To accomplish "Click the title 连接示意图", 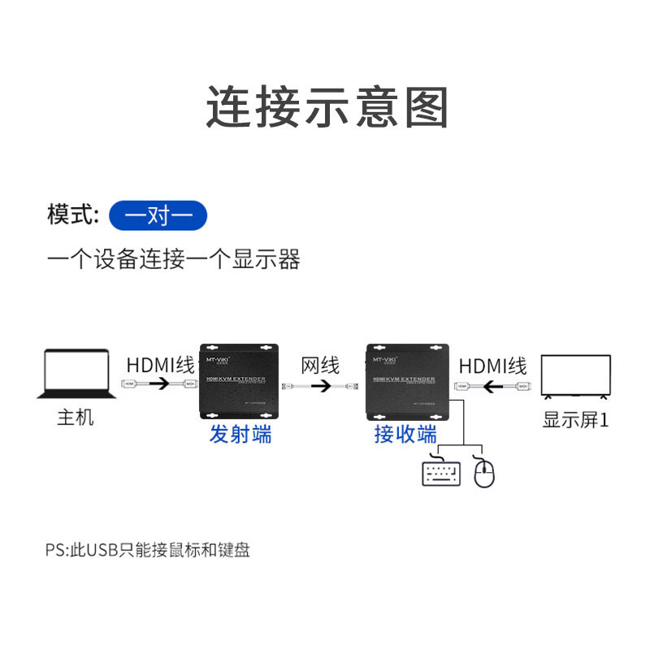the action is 326,107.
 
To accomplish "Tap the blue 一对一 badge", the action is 158,216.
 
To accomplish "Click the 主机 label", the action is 76,418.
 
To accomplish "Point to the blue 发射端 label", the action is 240,434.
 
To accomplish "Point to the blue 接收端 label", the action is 405,434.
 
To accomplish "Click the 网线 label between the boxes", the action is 320,365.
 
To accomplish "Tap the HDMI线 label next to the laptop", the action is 160,365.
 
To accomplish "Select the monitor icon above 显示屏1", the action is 576,375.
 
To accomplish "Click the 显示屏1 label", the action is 576,419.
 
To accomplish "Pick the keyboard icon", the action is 441,473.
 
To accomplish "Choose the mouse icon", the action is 484,474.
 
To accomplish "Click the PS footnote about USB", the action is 148,550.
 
